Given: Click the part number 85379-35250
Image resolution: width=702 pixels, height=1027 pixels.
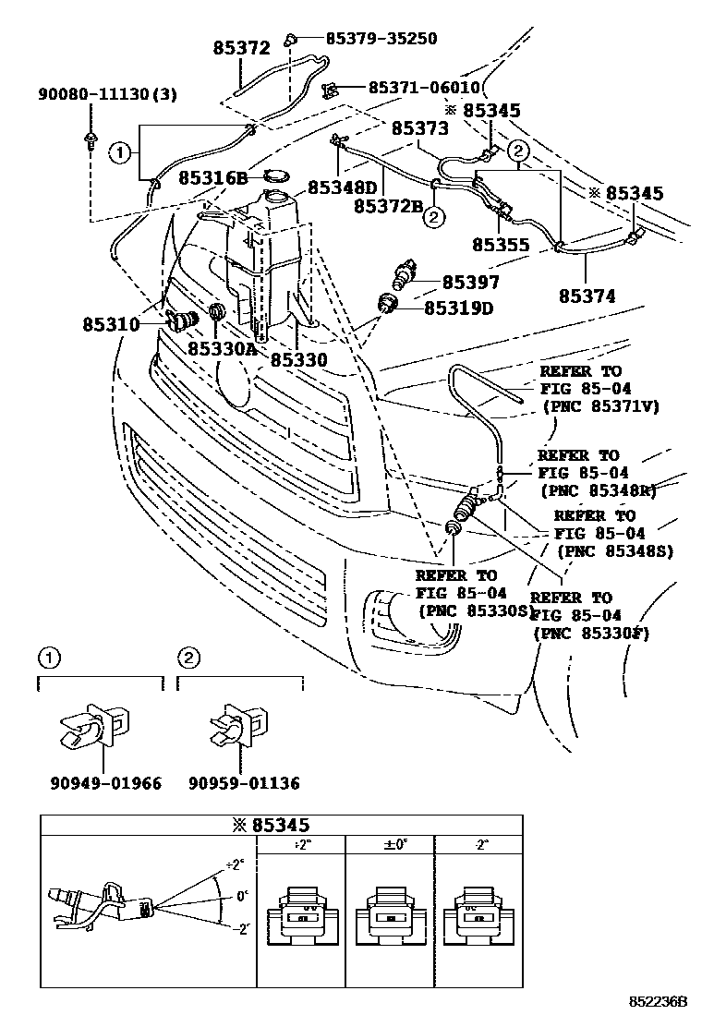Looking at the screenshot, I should [x=381, y=39].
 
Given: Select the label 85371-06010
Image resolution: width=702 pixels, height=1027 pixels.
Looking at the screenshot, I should [x=423, y=88].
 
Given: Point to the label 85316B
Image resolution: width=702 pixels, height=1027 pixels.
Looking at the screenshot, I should [x=212, y=177].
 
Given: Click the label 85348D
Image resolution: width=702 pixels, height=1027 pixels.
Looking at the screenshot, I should [x=343, y=187].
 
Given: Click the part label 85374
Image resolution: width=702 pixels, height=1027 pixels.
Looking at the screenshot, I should [x=587, y=296].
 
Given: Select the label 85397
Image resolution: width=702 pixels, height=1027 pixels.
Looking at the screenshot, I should [x=470, y=283].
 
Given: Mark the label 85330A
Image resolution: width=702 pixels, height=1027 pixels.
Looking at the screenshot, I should [x=221, y=348].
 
